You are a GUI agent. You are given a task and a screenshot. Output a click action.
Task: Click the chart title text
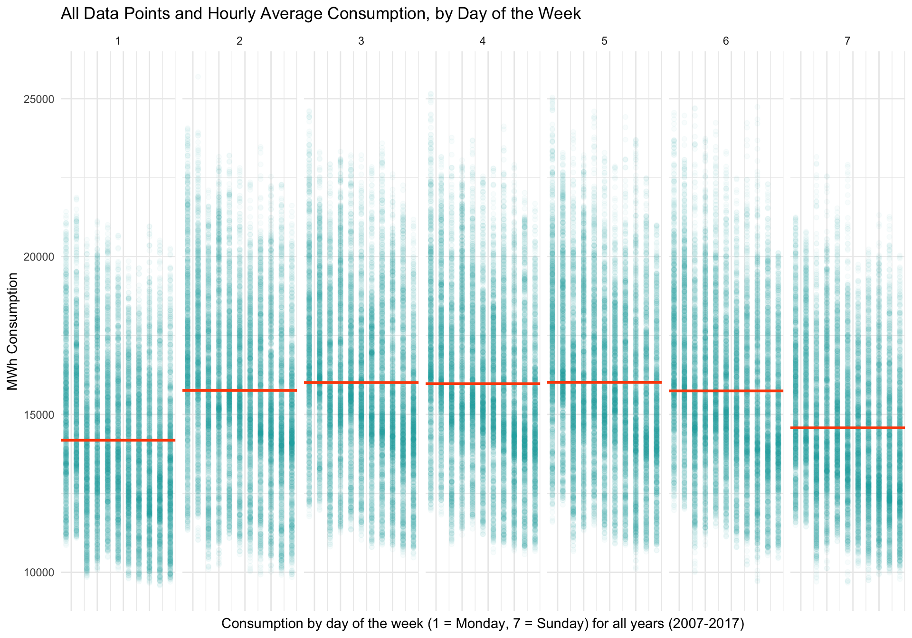321,13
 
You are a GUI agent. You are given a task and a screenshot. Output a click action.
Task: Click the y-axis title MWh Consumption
13,331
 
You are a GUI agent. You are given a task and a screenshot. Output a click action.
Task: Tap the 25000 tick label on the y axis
38,99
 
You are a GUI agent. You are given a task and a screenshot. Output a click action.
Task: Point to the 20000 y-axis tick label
38,257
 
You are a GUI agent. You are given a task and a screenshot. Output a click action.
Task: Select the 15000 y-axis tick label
38,415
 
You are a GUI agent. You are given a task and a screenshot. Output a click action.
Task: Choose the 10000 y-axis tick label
38,572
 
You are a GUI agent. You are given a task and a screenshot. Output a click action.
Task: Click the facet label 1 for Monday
118,41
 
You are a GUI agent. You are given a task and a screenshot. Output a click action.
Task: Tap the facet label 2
239,41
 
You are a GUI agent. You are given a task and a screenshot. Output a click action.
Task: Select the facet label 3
361,41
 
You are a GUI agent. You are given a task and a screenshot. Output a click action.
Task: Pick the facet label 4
483,41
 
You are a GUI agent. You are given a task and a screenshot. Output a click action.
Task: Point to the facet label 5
604,41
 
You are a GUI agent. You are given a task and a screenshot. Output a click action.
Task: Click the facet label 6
726,41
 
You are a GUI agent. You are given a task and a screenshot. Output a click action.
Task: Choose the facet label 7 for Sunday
847,41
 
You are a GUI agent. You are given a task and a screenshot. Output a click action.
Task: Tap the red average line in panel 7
847,428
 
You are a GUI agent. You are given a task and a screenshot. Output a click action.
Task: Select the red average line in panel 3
361,382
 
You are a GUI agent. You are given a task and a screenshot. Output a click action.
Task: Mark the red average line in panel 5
604,382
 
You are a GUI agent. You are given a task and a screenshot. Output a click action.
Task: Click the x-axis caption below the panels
483,623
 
